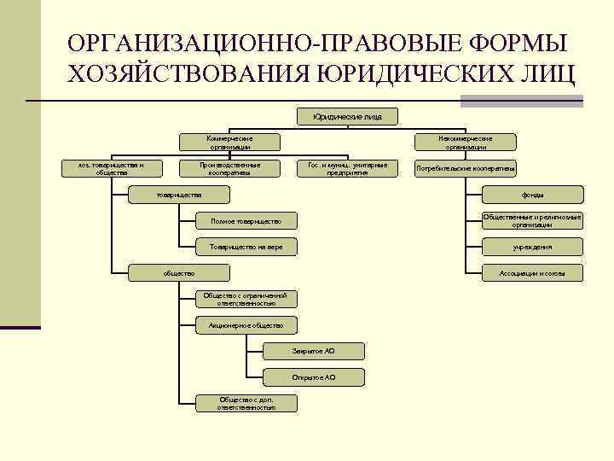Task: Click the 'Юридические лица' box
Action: point(347,116)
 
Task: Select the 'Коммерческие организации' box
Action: point(229,143)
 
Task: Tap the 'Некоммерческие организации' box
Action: point(465,143)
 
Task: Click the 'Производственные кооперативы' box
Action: point(229,168)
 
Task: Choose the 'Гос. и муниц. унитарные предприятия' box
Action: point(347,168)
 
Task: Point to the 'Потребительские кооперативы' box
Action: point(465,168)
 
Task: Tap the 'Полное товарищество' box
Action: point(246,222)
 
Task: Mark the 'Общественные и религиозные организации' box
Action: point(532,221)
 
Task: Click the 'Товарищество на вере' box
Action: point(246,248)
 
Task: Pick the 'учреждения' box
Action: point(532,248)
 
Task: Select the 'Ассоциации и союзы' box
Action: point(532,273)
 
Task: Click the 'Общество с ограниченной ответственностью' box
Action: point(246,299)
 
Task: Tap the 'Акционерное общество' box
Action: point(246,325)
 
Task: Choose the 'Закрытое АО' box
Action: point(314,351)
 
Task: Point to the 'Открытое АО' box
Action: point(314,376)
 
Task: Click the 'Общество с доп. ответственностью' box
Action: point(246,403)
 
